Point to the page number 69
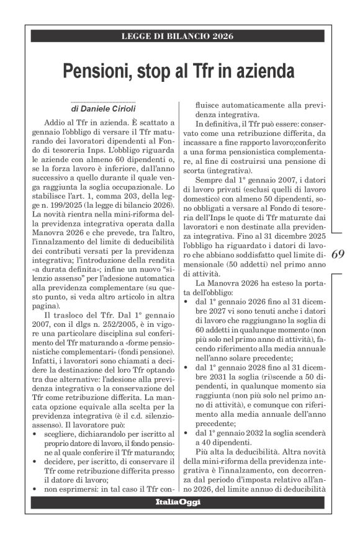[x=340, y=254]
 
